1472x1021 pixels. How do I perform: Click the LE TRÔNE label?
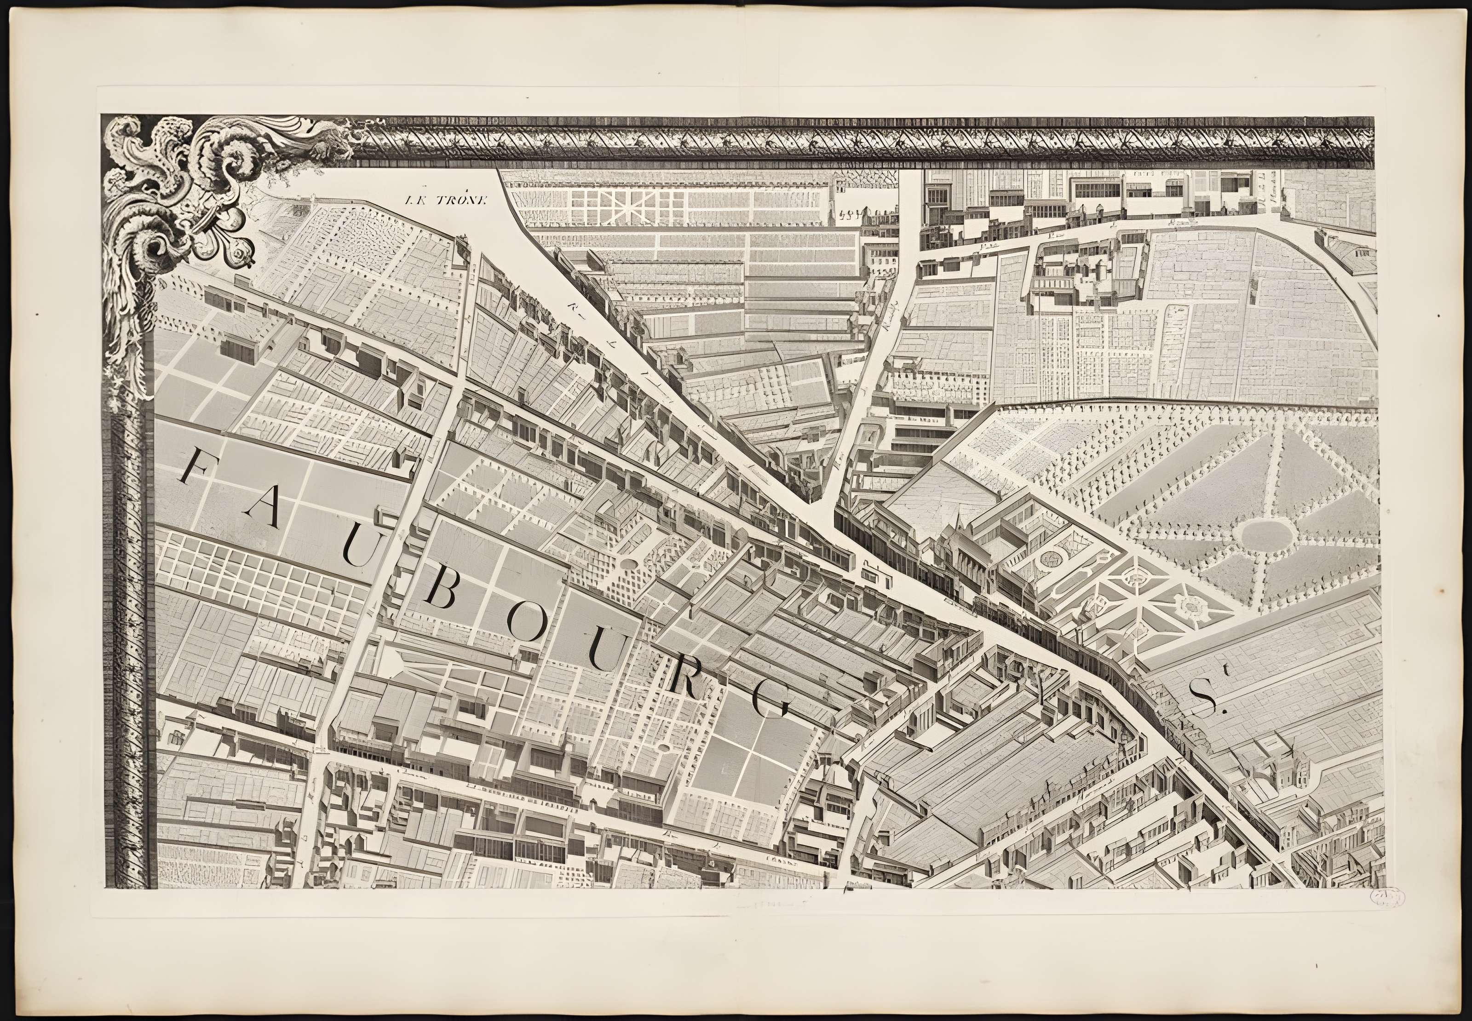(x=446, y=199)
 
